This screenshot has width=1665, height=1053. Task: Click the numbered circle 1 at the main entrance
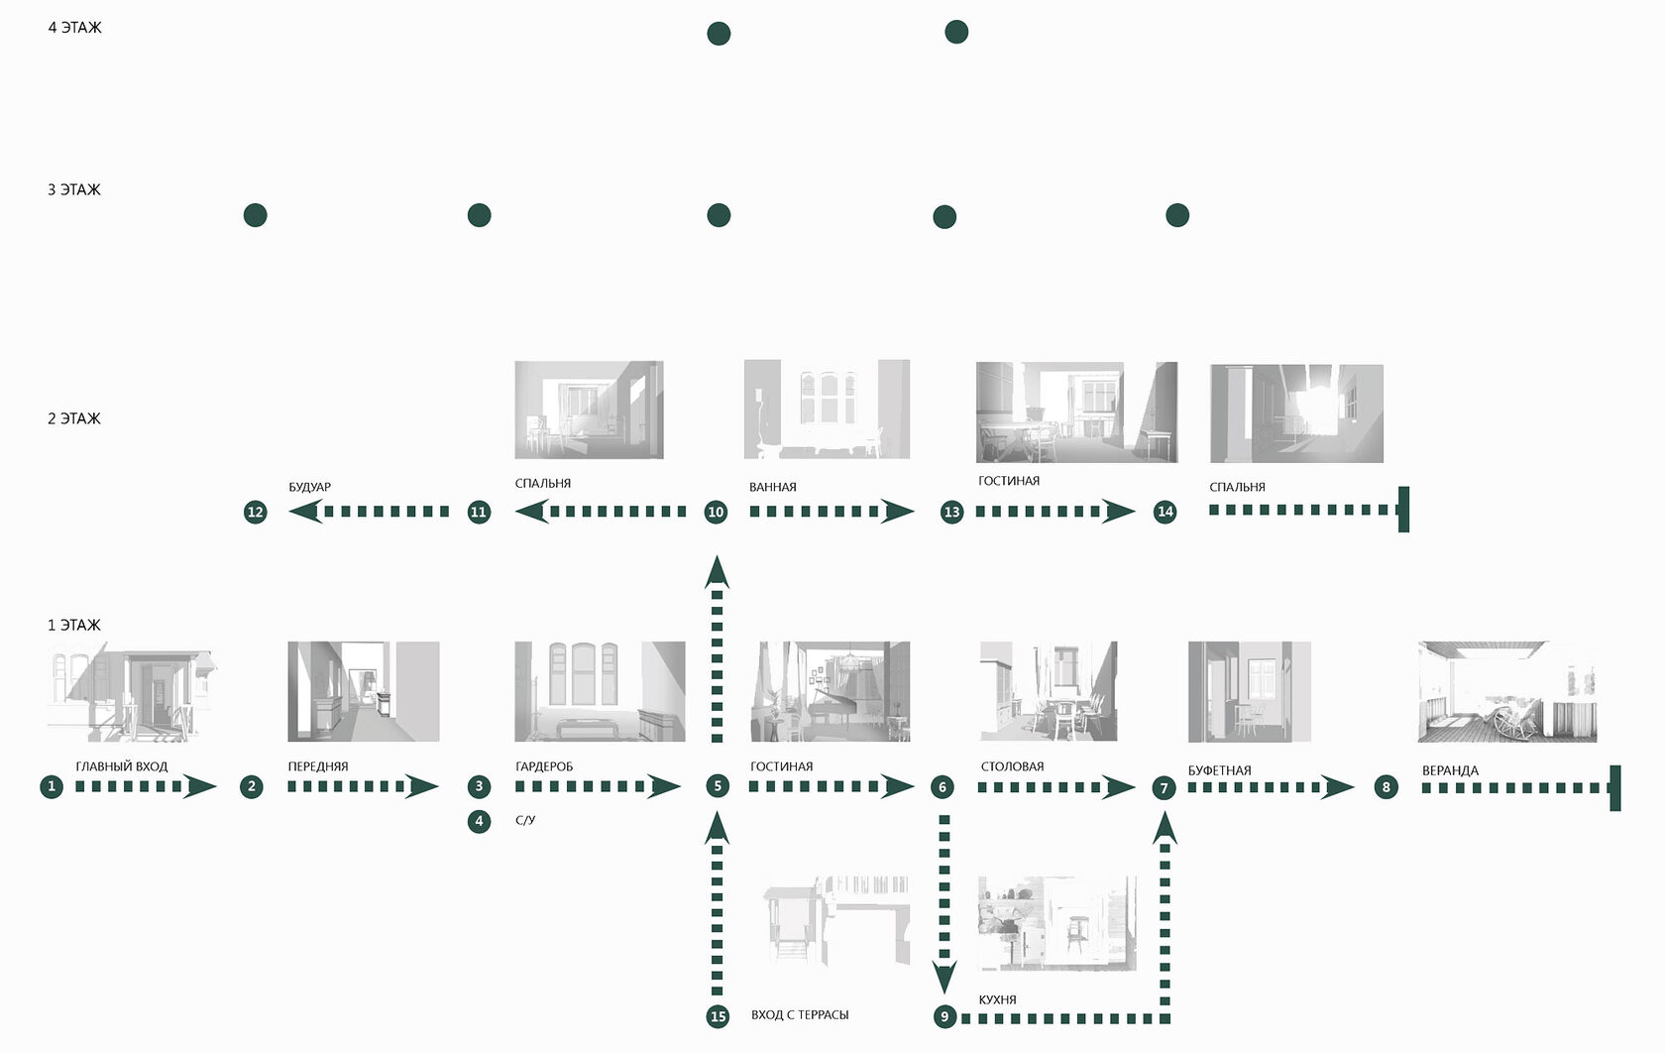point(52,786)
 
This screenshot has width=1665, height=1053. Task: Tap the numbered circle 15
point(718,1016)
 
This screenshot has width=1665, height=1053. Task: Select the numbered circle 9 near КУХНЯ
point(944,1016)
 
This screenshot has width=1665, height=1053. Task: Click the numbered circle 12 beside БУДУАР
point(256,512)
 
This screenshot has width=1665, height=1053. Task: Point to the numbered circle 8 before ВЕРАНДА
point(1386,787)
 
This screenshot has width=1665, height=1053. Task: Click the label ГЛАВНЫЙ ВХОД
point(121,766)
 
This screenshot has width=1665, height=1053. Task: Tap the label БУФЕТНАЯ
point(1219,770)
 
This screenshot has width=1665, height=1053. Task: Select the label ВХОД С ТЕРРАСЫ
point(799,1014)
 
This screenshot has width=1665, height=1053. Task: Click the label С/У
point(525,820)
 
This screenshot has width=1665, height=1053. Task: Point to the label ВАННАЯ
point(772,487)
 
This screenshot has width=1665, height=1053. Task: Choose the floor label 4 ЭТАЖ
point(74,28)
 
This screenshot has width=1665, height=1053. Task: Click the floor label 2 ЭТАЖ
point(73,418)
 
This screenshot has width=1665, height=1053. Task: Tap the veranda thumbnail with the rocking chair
point(1506,691)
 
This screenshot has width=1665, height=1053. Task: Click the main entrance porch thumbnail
point(132,691)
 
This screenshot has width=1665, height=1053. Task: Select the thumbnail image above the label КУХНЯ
point(1056,923)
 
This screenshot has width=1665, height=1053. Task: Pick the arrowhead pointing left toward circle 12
point(304,512)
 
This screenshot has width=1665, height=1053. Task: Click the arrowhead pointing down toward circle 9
point(944,976)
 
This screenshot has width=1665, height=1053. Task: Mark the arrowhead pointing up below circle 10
point(717,573)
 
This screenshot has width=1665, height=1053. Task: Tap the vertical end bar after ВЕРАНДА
point(1614,788)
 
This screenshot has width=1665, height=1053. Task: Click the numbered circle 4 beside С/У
point(479,821)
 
